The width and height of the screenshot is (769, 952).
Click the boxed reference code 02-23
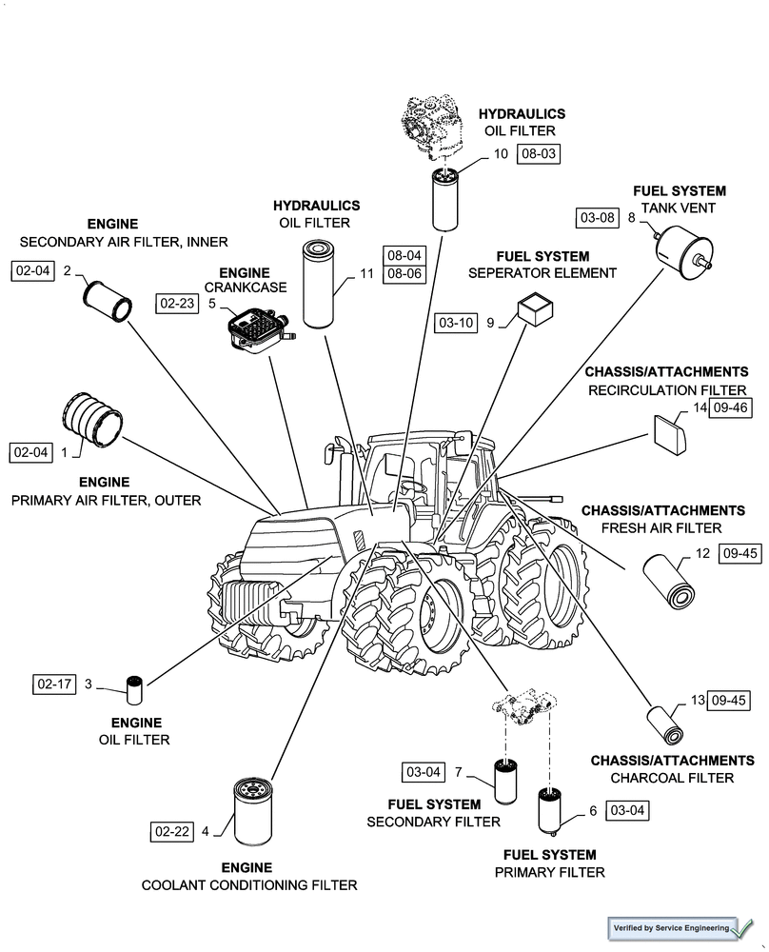177,304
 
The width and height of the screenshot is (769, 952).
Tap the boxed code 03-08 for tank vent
597,219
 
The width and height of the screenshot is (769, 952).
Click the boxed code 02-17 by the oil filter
54,684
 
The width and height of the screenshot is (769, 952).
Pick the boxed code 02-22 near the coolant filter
171,831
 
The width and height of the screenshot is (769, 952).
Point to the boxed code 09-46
731,408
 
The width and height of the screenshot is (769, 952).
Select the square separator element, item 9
535,311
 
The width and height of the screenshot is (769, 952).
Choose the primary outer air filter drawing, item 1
93,420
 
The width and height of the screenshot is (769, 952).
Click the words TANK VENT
679,208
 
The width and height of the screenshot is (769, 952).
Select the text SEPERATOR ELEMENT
542,273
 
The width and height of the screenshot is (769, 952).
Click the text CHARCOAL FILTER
672,778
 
